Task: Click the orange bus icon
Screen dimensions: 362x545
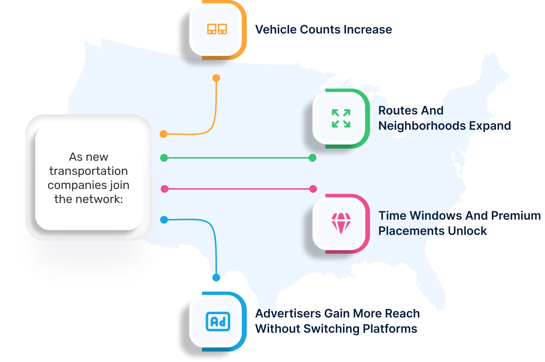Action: pyautogui.click(x=217, y=29)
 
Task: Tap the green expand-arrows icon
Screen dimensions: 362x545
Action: pyautogui.click(x=341, y=118)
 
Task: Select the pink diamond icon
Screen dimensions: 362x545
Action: pyautogui.click(x=341, y=223)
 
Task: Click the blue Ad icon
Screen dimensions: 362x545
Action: pyautogui.click(x=218, y=322)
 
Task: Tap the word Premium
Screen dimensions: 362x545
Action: pyautogui.click(x=516, y=216)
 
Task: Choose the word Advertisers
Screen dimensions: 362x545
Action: pyautogui.click(x=288, y=314)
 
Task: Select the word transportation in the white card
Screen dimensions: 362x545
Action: pyautogui.click(x=88, y=171)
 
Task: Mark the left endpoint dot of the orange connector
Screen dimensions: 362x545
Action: pyautogui.click(x=163, y=134)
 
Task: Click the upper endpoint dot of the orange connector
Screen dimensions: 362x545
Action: pyautogui.click(x=216, y=78)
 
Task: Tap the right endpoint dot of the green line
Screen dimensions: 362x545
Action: pyautogui.click(x=313, y=158)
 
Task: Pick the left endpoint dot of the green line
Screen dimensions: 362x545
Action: pyautogui.click(x=164, y=158)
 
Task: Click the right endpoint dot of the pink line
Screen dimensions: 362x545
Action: pyautogui.click(x=313, y=189)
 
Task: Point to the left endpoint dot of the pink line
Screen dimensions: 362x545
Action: pyautogui.click(x=165, y=189)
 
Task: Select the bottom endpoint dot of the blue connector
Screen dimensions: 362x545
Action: pyautogui.click(x=216, y=277)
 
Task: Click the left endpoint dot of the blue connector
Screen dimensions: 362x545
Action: pyautogui.click(x=164, y=219)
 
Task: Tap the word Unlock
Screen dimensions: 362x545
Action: pyautogui.click(x=468, y=231)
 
